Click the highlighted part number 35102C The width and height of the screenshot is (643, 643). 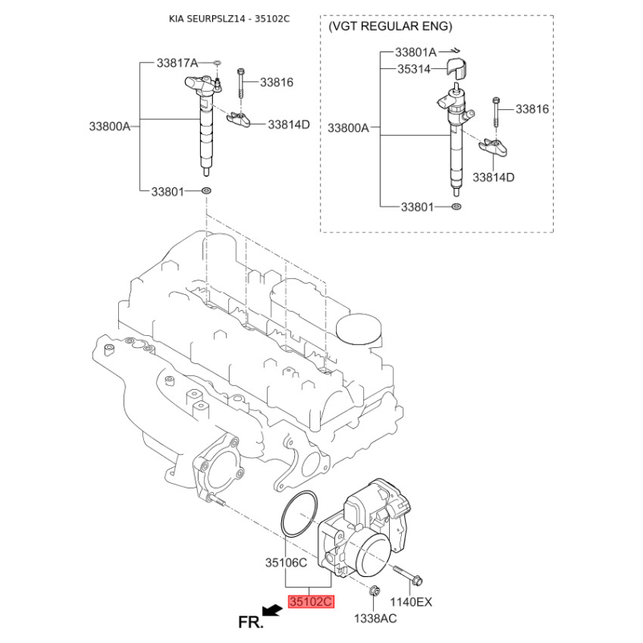point(311,601)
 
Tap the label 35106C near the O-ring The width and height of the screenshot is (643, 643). point(286,562)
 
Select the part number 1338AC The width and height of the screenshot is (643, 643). point(375,618)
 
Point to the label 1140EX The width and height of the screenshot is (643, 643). point(411,601)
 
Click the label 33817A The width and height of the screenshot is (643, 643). point(177,63)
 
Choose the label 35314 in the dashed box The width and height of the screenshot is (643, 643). point(414,69)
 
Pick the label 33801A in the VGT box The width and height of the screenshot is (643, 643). point(416,52)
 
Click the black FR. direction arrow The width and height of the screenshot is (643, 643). point(272,612)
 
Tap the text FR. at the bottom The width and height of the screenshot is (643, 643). point(250,622)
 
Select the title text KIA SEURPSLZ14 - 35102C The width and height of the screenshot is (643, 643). point(229,18)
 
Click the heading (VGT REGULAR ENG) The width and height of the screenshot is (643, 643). point(390,27)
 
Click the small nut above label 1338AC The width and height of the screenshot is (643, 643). point(374,591)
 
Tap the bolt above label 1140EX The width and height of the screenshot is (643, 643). point(408,575)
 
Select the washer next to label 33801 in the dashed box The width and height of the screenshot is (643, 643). point(456,207)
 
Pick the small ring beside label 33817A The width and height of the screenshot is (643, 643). point(217,63)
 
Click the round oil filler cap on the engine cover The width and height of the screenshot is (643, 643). point(358,329)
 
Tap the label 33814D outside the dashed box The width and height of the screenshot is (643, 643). point(289,125)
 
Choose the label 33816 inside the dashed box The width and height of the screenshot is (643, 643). point(532,109)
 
